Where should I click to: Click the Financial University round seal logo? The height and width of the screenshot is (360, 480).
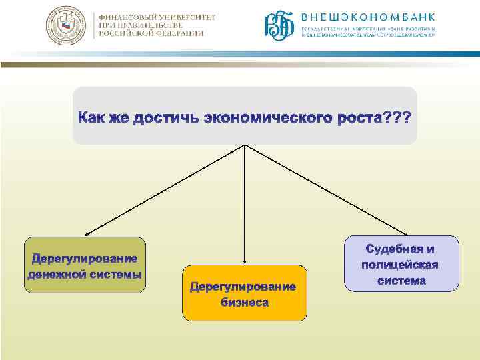65,26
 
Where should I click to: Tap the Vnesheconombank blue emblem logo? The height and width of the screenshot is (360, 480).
280,26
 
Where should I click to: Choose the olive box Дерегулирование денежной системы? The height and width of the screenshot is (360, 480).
85,265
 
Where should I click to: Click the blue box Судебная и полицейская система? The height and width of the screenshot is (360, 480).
401,263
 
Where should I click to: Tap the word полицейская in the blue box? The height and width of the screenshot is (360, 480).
401,265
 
